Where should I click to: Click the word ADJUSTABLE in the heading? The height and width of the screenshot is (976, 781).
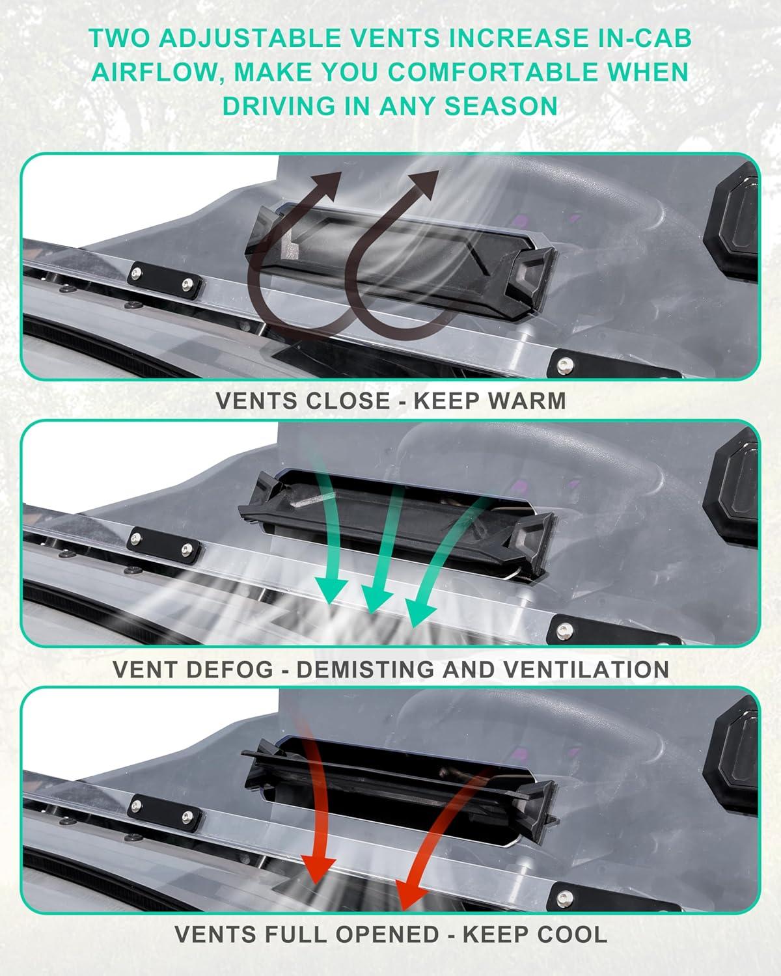click(x=249, y=38)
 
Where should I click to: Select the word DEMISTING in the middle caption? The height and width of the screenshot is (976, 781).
click(x=365, y=670)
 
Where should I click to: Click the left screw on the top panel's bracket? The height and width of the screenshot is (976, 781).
click(x=137, y=273)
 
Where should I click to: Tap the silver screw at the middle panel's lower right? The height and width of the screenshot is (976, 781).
click(x=564, y=630)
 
